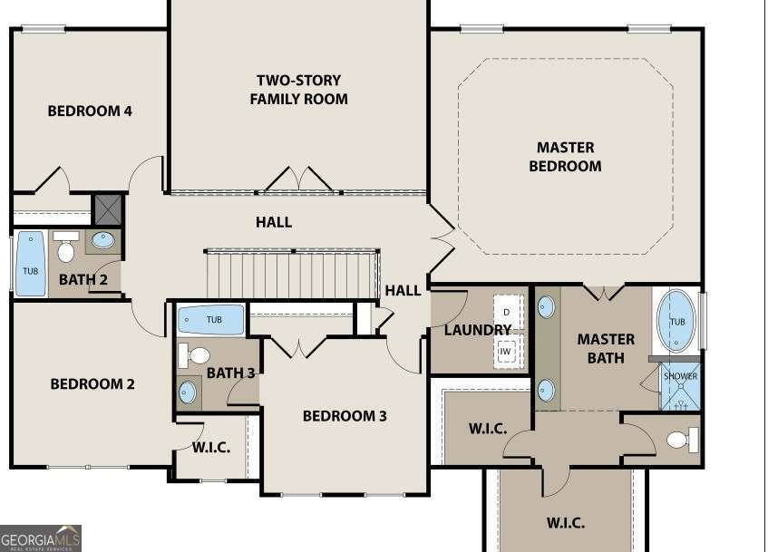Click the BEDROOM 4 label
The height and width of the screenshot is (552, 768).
(x=90, y=111)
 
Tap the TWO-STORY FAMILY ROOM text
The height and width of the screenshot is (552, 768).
(x=298, y=89)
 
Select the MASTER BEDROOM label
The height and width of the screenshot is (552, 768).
(x=565, y=156)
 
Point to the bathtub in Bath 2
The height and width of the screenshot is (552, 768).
(x=30, y=264)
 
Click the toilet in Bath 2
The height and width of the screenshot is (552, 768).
(x=66, y=247)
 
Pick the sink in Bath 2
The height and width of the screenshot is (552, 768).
(x=103, y=241)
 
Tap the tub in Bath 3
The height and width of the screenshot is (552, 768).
(x=211, y=320)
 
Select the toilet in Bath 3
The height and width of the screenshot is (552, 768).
(x=195, y=354)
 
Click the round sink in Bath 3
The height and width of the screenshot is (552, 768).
(x=188, y=392)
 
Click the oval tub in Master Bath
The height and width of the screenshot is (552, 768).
(x=676, y=321)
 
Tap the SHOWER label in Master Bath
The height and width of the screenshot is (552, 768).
(x=680, y=376)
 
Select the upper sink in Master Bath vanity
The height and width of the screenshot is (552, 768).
(x=546, y=306)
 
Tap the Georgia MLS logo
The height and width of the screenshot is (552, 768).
(x=41, y=537)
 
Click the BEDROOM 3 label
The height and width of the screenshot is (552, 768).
(x=345, y=416)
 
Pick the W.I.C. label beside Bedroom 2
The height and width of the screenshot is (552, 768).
(x=211, y=447)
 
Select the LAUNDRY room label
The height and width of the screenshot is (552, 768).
(x=478, y=330)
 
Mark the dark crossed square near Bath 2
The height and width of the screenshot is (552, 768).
(x=108, y=209)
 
